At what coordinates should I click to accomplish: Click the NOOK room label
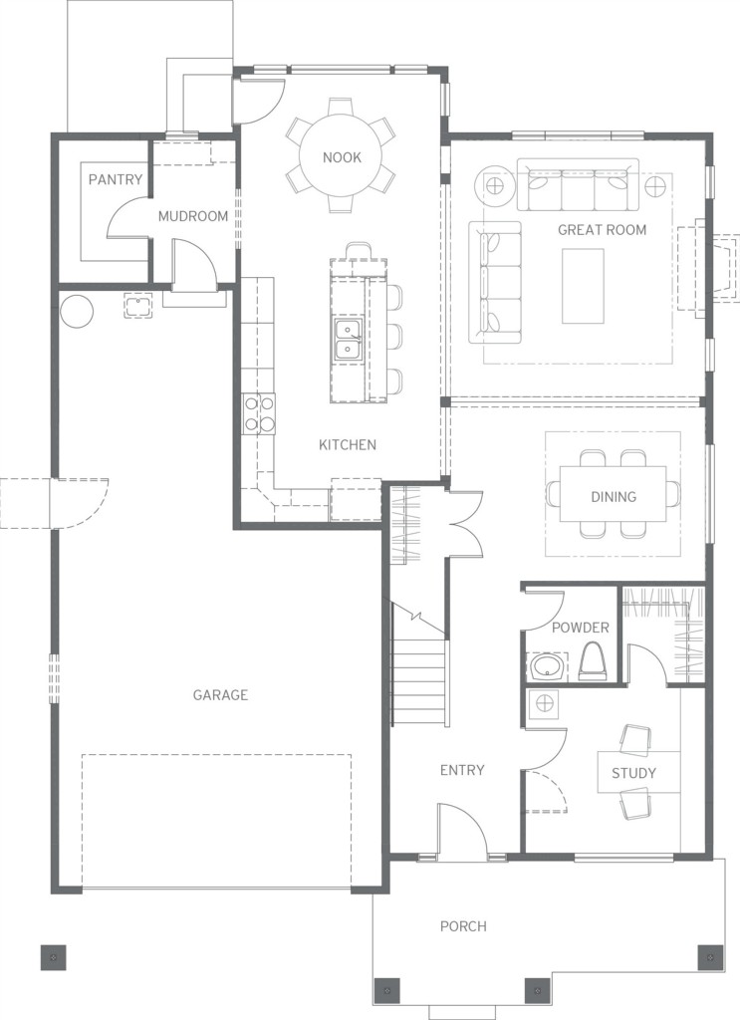342,157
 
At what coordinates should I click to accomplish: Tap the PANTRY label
116,179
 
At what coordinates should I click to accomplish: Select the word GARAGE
220,694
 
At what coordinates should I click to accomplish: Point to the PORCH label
463,925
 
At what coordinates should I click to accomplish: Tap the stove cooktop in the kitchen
260,414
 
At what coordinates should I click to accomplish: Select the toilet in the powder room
592,661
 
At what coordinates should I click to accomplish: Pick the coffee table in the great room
583,286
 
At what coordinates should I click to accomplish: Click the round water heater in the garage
77,312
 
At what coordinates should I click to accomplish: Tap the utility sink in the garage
137,305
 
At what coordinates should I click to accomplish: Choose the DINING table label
614,497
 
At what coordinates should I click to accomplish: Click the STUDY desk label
633,773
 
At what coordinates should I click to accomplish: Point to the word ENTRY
462,770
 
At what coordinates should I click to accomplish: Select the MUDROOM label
193,216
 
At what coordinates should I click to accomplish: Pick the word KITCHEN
348,445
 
